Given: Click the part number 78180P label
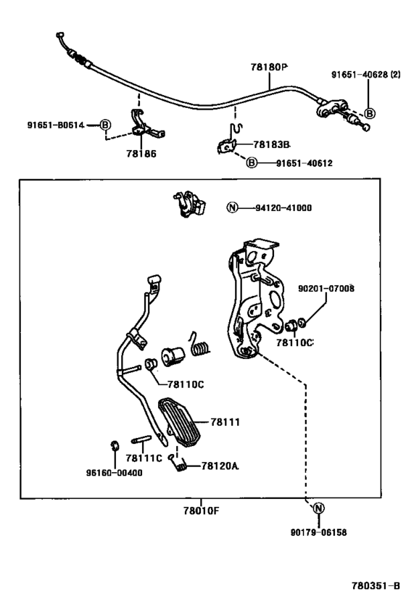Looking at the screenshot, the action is tap(268, 67).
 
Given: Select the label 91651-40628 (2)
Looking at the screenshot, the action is tap(366, 74).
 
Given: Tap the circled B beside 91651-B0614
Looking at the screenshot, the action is tap(105, 125).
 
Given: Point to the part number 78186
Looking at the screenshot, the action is tap(141, 154).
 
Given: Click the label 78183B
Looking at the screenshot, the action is tap(272, 144).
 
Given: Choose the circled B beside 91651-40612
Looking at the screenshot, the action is tap(252, 163).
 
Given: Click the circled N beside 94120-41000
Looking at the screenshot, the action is tap(232, 207).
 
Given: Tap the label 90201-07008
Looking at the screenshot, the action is tap(326, 288).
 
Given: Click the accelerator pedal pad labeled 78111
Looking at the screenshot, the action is tap(179, 422).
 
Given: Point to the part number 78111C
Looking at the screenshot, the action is tap(144, 458).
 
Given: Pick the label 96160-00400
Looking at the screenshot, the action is tap(115, 472).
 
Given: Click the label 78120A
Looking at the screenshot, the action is tap(220, 466).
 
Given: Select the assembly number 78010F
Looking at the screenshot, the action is tap(202, 511).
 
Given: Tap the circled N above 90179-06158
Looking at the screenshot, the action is tap(318, 508).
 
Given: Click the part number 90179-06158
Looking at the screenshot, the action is tap(318, 532).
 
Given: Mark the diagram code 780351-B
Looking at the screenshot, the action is tap(376, 585).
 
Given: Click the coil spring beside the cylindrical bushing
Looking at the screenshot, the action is tap(199, 345).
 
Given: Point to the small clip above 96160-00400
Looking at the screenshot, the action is tap(115, 445).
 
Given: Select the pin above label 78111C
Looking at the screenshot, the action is tap(141, 440).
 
